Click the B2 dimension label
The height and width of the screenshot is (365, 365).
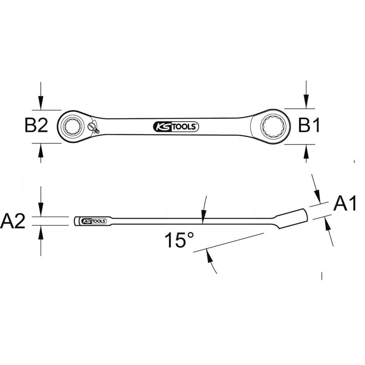coord(36,126)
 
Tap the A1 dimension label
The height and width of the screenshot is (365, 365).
coord(345,203)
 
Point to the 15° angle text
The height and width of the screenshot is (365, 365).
coord(179,240)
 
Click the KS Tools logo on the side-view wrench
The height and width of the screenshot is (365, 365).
coord(94,221)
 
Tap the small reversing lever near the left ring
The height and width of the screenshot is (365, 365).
coord(94,128)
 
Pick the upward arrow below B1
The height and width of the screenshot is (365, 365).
coord(306,151)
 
